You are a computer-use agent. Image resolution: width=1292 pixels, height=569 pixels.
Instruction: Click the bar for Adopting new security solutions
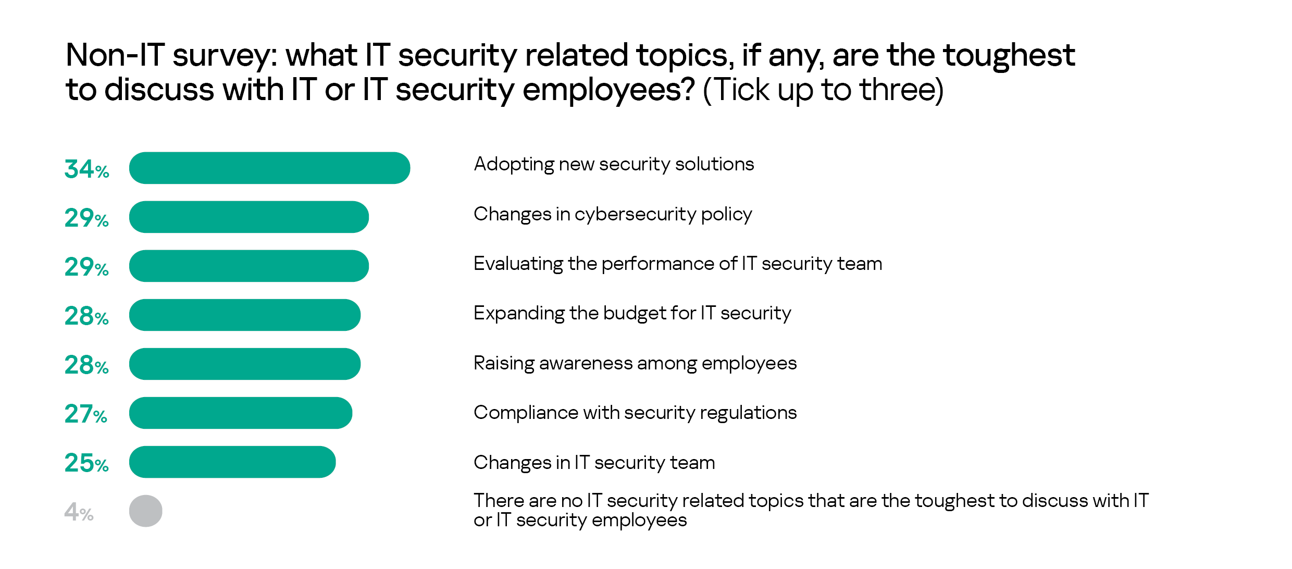click(269, 168)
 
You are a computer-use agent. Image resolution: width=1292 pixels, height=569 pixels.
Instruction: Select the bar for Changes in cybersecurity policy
click(249, 217)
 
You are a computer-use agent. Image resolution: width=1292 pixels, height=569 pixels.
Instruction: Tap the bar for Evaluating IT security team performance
click(249, 266)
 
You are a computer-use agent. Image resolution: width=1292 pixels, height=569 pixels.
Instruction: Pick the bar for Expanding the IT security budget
click(245, 315)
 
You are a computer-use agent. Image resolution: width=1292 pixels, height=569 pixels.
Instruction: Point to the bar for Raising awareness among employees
click(245, 364)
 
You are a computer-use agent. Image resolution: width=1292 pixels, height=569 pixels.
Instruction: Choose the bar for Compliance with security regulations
click(241, 413)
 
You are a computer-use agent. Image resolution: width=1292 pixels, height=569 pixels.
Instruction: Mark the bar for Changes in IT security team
click(232, 462)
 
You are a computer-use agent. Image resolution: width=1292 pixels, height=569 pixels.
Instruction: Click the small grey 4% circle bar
click(146, 511)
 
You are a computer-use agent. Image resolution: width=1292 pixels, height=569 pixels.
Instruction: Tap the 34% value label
click(86, 169)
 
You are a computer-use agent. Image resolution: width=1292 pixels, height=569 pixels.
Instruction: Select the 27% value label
click(85, 414)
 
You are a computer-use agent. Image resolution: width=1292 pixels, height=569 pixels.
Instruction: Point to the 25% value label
click(86, 463)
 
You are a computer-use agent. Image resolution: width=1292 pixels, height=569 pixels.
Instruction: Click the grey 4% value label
click(79, 512)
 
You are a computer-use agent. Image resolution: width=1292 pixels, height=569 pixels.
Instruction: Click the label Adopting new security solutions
click(614, 164)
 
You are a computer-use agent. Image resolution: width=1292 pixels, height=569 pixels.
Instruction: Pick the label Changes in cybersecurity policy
click(613, 214)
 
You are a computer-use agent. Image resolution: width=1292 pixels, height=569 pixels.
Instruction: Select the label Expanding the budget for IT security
click(632, 313)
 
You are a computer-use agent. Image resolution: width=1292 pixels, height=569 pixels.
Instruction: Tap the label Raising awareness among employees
click(635, 363)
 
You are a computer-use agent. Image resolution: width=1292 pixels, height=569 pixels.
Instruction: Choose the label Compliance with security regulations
click(635, 413)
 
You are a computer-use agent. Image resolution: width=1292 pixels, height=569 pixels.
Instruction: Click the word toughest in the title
click(1009, 56)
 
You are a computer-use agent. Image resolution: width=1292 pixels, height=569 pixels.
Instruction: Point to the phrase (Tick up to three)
click(823, 90)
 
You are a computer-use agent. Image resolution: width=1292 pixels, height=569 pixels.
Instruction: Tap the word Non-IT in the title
click(115, 55)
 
